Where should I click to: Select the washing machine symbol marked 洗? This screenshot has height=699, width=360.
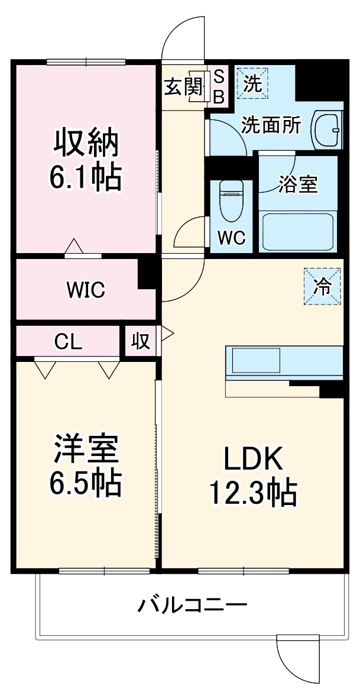point(252,83)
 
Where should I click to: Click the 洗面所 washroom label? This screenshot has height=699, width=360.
point(271,125)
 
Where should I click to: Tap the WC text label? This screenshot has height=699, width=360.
point(231,237)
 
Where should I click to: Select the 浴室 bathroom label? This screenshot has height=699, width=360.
point(299,184)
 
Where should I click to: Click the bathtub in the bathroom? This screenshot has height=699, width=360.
point(298,232)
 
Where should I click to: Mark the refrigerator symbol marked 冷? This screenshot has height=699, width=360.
point(323,287)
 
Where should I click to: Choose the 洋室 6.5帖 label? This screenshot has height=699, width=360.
point(87,466)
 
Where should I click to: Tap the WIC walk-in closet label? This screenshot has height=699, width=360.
point(85,290)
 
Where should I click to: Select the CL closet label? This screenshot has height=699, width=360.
point(69,341)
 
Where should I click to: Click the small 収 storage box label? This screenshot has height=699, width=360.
point(141,342)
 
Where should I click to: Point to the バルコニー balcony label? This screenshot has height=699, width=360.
point(192,606)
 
